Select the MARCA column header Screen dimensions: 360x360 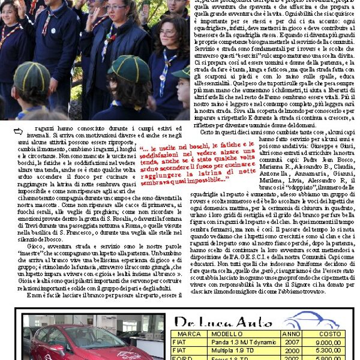coord(190,334)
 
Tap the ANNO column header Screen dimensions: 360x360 coord(291,334)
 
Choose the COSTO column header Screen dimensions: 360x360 coord(329,334)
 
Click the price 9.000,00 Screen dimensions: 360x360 coord(329,342)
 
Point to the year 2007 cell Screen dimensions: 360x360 coord(291,342)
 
